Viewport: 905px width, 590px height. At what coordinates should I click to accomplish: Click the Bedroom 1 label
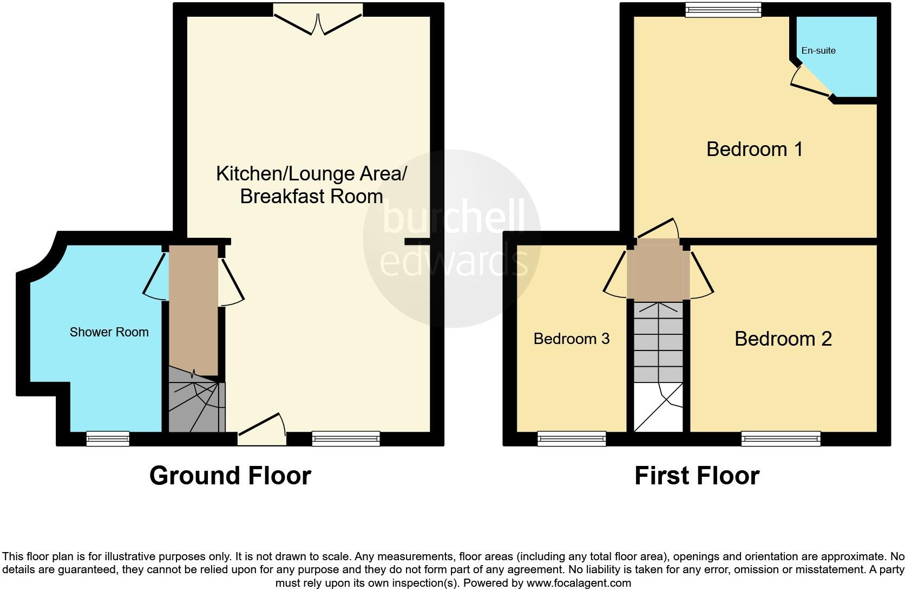[754, 149]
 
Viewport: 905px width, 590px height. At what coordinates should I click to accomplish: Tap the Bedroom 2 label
[783, 339]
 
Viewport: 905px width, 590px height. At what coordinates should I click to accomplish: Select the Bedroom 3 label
[571, 339]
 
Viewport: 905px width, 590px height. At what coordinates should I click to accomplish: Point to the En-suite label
[818, 51]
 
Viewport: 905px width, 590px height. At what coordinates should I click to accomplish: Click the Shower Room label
[109, 332]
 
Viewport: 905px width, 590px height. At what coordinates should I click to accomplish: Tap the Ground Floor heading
[230, 476]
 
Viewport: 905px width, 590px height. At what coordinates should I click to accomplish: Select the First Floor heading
[697, 476]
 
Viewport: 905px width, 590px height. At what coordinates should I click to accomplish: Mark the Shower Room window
[108, 438]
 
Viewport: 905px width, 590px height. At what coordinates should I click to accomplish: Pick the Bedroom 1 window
[723, 10]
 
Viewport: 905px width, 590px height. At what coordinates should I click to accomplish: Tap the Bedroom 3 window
[571, 438]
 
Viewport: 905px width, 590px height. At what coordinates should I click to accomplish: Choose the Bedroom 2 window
[781, 438]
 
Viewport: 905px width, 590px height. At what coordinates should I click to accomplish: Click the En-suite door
[810, 87]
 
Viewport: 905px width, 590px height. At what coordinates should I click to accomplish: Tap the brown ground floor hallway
[193, 309]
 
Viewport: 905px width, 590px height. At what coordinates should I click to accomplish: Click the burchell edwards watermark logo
[452, 238]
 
